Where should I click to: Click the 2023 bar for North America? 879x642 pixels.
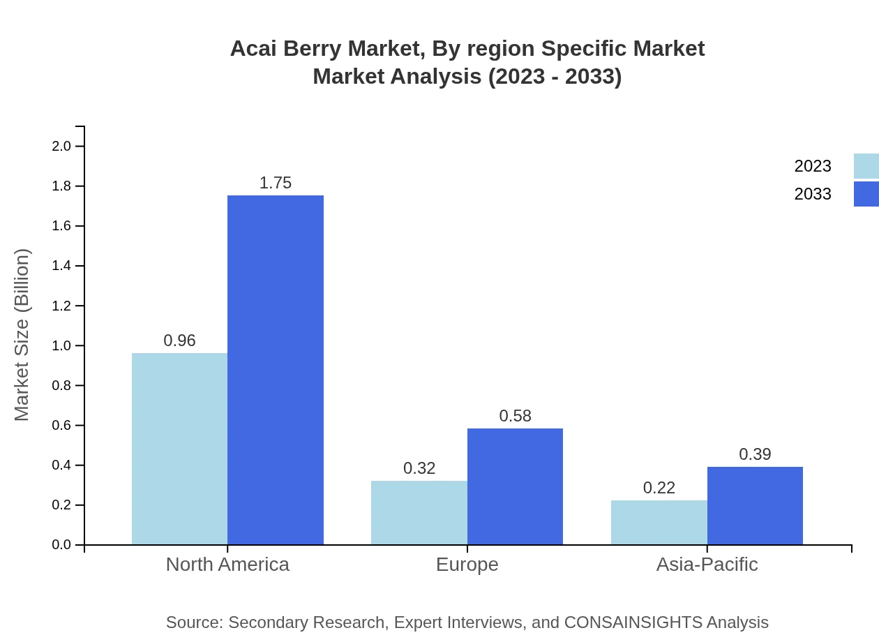click(x=179, y=449)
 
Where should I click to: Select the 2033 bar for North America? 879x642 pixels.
click(x=276, y=370)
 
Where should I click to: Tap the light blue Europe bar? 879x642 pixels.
click(x=419, y=513)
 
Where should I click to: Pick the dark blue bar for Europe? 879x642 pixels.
click(x=515, y=486)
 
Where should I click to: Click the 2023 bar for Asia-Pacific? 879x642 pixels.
click(x=659, y=523)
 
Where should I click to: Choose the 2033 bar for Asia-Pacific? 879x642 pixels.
click(x=755, y=506)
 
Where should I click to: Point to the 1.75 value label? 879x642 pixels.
click(x=276, y=183)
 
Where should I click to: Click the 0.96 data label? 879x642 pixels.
click(x=179, y=341)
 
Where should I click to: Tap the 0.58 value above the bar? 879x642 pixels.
click(x=515, y=416)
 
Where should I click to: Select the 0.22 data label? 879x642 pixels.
click(x=659, y=488)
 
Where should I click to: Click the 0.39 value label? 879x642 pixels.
click(x=755, y=454)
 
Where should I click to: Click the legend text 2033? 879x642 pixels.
click(x=812, y=194)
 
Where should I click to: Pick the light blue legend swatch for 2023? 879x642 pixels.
click(x=866, y=166)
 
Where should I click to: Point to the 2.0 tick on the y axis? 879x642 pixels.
click(x=61, y=147)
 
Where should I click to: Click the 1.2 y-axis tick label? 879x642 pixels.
click(x=61, y=306)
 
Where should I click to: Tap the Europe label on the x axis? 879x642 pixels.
click(x=467, y=565)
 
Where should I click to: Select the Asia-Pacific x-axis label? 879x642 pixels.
click(x=707, y=565)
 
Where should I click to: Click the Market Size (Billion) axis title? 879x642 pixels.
click(x=22, y=335)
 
